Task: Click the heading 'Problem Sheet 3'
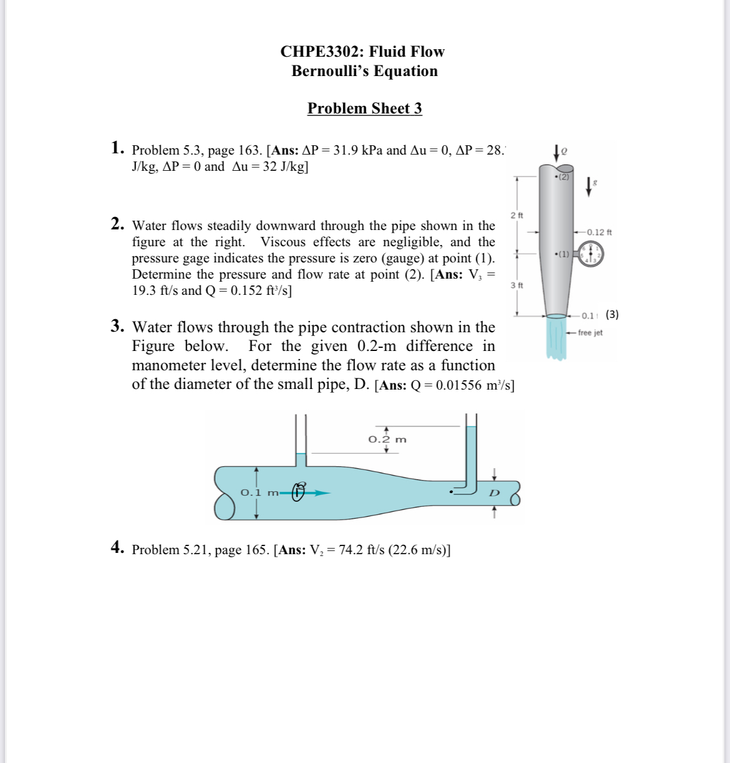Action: point(364,108)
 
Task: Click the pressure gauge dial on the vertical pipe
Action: point(590,254)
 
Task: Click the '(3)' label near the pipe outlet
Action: point(612,314)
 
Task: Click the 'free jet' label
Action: point(590,333)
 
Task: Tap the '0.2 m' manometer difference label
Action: point(387,439)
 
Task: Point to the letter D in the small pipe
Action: point(494,492)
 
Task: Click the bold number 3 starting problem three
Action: point(117,326)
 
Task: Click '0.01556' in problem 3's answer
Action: point(459,385)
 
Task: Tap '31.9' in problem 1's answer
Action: point(346,150)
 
